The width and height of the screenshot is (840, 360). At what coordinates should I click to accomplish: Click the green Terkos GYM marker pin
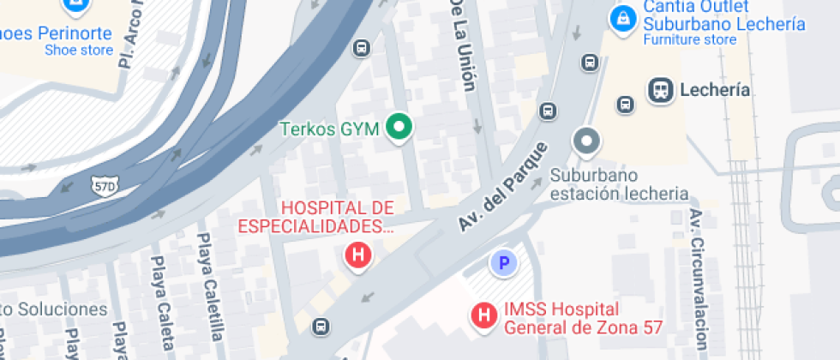coord(399,129)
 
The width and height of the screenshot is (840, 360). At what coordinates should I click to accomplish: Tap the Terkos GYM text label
coord(331,129)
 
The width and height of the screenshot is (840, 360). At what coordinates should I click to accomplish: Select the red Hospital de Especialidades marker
coord(358,255)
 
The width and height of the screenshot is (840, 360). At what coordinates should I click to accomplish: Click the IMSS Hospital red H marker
coord(484,315)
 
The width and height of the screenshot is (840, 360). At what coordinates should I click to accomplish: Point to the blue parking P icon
coord(503,263)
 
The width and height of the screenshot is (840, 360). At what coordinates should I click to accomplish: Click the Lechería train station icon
coord(660,90)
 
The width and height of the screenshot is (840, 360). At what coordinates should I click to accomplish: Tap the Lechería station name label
coord(714,90)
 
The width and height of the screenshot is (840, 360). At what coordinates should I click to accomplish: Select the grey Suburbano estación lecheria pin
coord(586,141)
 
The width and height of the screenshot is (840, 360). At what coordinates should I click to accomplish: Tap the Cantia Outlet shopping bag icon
coord(621,16)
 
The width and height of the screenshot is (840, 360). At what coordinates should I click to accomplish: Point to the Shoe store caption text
coord(79,51)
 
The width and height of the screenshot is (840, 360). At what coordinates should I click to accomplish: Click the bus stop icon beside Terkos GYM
coord(362,48)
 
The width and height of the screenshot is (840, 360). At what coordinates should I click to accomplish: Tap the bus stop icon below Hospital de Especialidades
coord(321,326)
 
